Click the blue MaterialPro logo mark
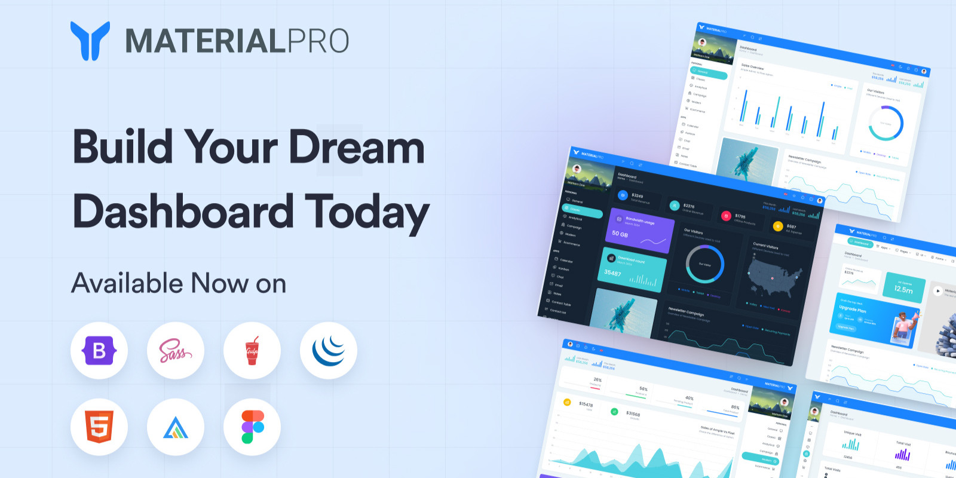(90, 41)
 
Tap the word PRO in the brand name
(318, 41)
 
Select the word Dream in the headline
(357, 147)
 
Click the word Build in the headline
(122, 147)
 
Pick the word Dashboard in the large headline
(183, 211)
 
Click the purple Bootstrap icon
(99, 351)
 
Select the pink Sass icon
(175, 351)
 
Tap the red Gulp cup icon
(252, 351)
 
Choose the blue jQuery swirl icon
(329, 351)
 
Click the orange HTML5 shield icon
(99, 427)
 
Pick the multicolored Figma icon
(252, 427)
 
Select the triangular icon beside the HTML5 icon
(175, 427)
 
